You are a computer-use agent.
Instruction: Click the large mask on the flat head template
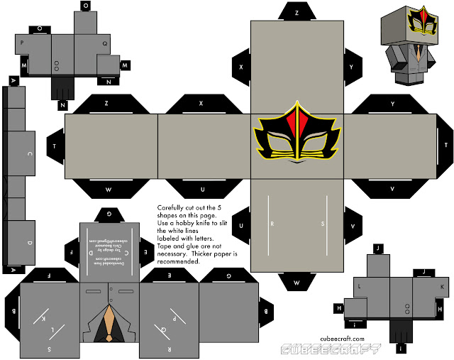coord(297,135)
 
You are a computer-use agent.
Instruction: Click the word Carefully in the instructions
coord(171,207)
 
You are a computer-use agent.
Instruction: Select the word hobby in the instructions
coord(178,223)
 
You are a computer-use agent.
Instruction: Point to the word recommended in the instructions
coord(179,261)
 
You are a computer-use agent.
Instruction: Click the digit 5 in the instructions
coord(220,207)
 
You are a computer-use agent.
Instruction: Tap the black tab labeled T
coord(55,146)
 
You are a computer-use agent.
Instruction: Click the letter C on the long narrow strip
coord(29,153)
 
